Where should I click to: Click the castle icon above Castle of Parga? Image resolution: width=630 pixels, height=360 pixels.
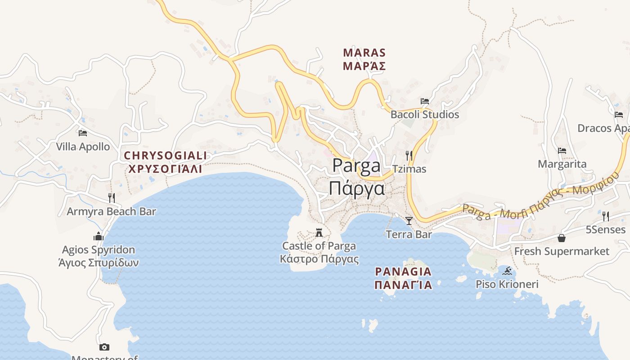coord(319,232)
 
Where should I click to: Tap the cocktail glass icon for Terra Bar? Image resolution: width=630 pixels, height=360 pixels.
coord(409,220)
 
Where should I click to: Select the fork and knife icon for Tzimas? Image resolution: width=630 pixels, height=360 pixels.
coord(409,156)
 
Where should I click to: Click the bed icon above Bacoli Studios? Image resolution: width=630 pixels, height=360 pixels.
coord(424,101)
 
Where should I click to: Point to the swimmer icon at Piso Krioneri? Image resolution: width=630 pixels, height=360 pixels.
coord(507,271)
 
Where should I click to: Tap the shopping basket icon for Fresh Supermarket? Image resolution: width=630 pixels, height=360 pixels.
coord(562,238)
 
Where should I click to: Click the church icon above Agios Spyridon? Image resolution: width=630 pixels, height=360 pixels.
coord(99,236)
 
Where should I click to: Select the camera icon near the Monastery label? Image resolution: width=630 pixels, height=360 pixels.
coord(104,347)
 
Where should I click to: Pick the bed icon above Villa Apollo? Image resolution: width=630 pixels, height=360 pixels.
coord(82,133)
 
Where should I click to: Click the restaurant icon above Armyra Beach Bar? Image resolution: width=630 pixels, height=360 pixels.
coord(111,198)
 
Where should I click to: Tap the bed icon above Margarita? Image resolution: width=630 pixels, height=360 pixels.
coord(562,151)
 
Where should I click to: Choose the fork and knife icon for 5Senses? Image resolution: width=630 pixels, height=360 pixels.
coord(605,216)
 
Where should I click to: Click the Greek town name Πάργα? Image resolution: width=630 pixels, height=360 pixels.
coord(356,188)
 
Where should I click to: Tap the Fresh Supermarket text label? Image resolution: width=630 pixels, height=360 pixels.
coord(562,251)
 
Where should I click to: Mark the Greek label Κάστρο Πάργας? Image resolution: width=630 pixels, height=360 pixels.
coord(319,259)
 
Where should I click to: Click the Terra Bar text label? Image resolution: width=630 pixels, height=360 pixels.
coord(409,234)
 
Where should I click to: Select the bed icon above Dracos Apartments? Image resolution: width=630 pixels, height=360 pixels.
coord(619,115)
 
